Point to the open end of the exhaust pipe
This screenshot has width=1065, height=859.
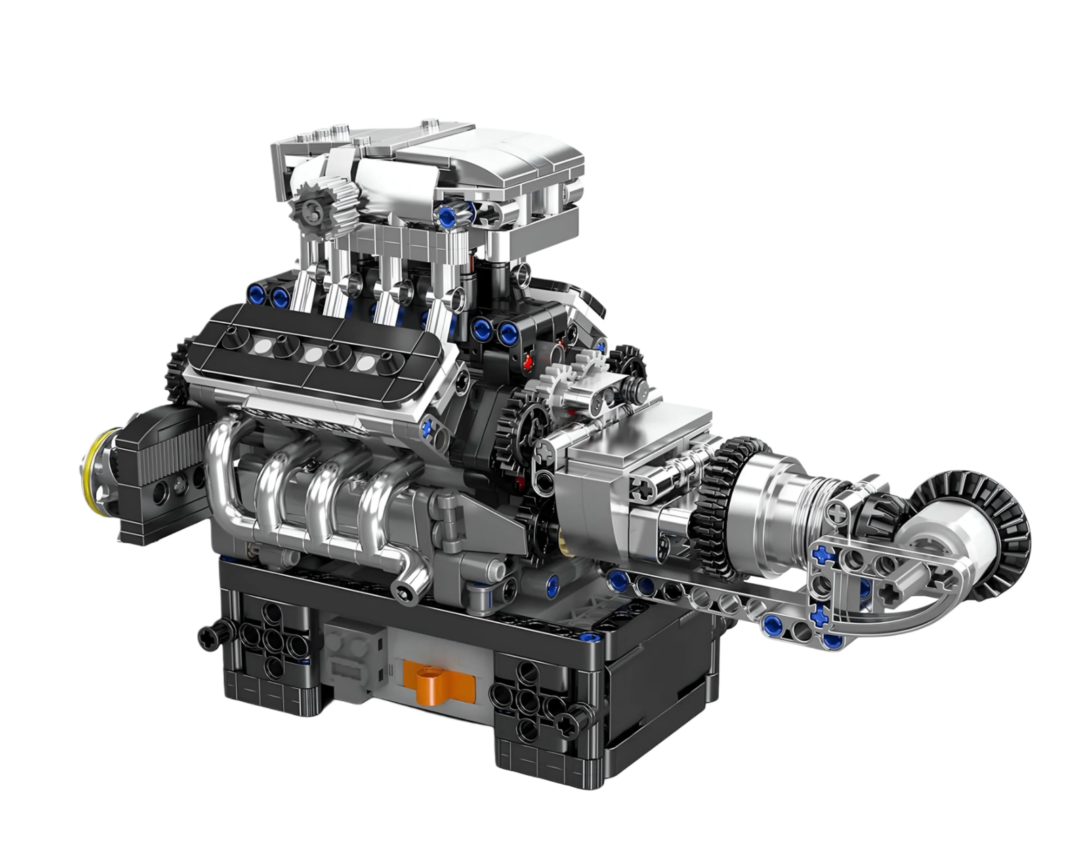(406, 592)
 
